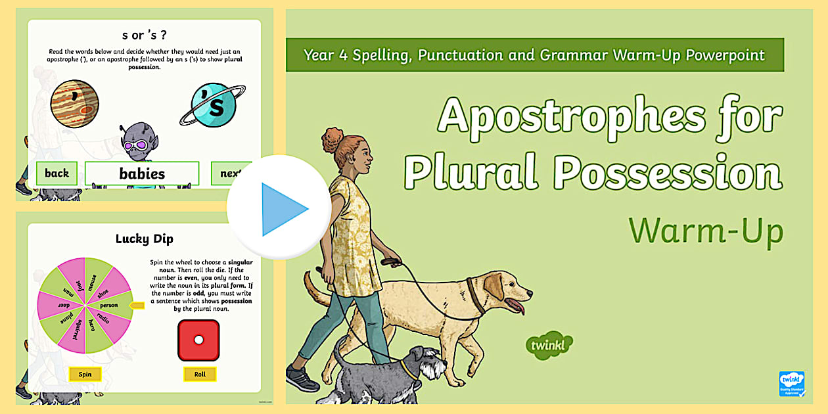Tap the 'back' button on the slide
[57, 173]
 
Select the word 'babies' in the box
[142, 174]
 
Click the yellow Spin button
[85, 374]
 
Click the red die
[198, 340]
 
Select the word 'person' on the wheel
[109, 306]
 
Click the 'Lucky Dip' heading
[145, 239]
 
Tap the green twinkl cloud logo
[549, 345]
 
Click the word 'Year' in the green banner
[320, 55]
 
